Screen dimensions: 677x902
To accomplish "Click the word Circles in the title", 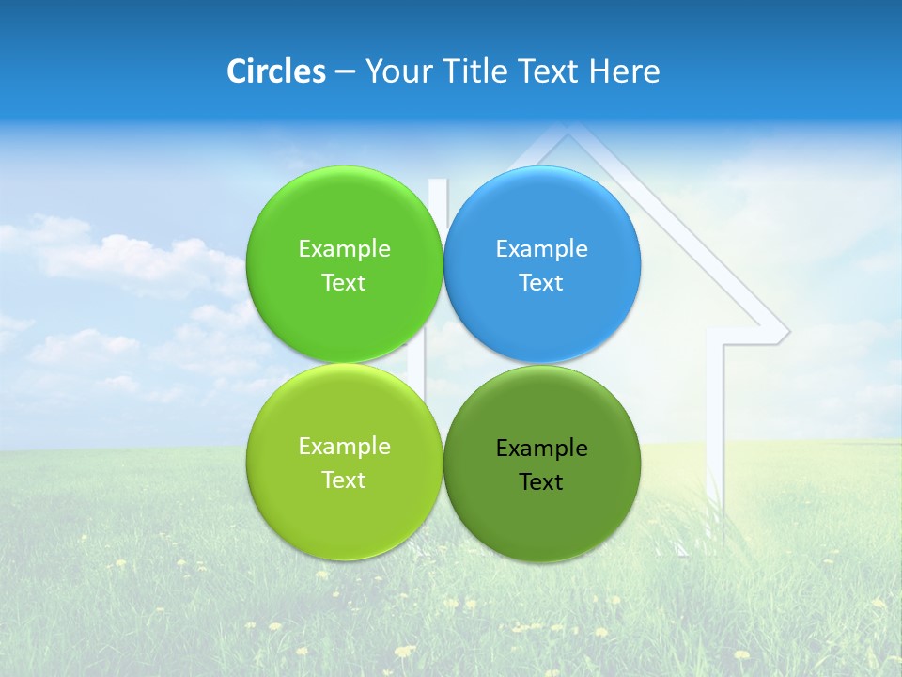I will click(276, 71).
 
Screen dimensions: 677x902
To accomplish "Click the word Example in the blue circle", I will click(541, 249).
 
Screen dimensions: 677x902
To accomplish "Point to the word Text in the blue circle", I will click(541, 283).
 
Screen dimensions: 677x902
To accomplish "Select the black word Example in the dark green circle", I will click(541, 449).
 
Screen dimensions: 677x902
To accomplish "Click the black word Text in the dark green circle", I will click(541, 482).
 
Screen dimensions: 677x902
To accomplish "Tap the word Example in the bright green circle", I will click(344, 249).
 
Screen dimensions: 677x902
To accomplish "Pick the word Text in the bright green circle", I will click(344, 283).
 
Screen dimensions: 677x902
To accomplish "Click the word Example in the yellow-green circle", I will click(344, 447).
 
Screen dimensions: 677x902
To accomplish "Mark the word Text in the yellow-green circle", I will click(344, 480).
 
